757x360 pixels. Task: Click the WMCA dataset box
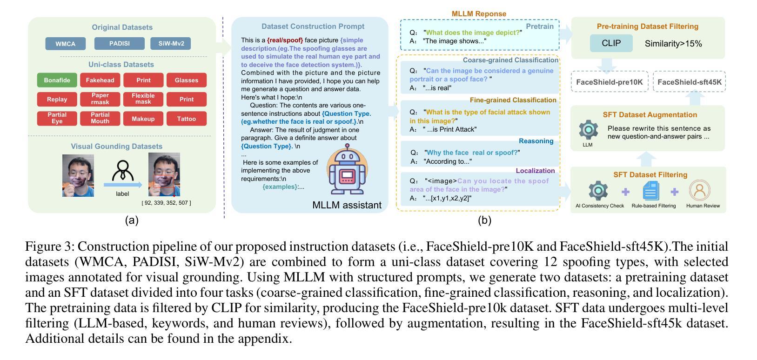(66, 44)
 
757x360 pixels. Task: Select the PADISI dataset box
(120, 44)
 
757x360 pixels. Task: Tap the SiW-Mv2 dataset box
(171, 44)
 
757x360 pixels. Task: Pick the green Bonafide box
(57, 80)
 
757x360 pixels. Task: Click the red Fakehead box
(100, 80)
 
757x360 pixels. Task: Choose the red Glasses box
(187, 80)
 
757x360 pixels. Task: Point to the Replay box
(57, 99)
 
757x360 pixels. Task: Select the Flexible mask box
(143, 99)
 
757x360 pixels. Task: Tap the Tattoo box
(187, 119)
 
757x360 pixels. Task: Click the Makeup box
(143, 119)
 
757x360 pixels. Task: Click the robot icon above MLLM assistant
(347, 169)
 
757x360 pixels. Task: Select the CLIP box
(611, 43)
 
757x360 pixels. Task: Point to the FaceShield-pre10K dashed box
(609, 82)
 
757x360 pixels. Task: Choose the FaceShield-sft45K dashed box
(690, 82)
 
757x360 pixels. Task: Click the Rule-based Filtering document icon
(651, 191)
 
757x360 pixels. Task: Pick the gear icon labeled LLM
(589, 130)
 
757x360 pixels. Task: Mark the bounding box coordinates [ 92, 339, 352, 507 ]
(167, 203)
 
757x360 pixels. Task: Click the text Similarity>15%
(673, 44)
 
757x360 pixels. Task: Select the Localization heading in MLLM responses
(535, 171)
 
